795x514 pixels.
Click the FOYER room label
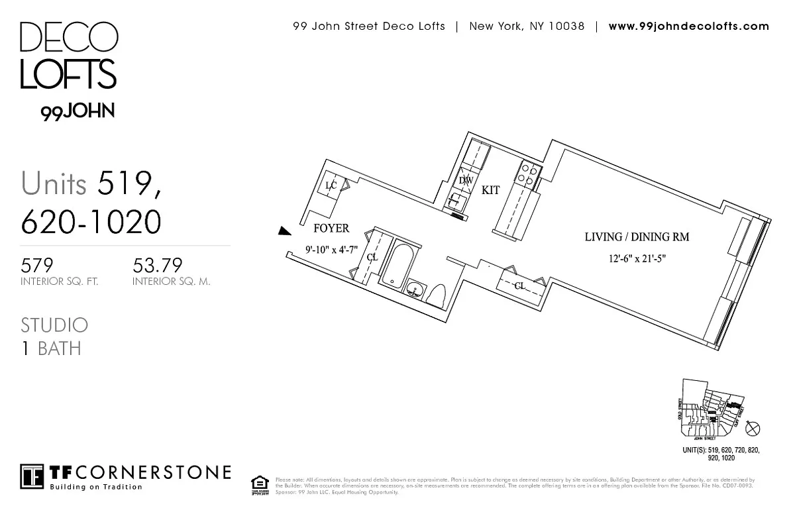[331, 229]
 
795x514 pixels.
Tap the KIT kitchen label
[490, 190]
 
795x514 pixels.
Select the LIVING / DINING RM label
[637, 236]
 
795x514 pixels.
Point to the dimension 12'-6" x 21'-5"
[634, 259]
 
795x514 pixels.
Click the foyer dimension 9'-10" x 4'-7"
[331, 250]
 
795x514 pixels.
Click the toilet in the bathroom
[438, 295]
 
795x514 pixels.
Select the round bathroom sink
[415, 289]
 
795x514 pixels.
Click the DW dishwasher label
[466, 180]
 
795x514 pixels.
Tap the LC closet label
[331, 186]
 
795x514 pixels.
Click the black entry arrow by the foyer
[284, 231]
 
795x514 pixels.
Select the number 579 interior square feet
[37, 266]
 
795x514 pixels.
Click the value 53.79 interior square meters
[157, 266]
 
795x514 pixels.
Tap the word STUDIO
[54, 325]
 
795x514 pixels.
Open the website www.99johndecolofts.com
[688, 26]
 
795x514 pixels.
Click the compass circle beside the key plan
[753, 429]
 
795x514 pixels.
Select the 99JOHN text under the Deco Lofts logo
[78, 112]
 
